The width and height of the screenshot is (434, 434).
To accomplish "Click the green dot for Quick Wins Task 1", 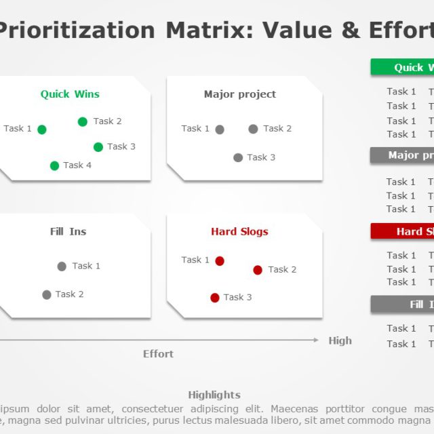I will [x=42, y=130].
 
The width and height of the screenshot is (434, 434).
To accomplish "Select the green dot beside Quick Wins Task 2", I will [x=83, y=122].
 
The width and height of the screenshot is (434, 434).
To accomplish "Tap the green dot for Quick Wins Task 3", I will [x=98, y=147].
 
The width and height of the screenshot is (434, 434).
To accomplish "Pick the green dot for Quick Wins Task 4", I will [x=55, y=165].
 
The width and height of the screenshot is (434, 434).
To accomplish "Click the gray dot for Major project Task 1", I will [x=220, y=130].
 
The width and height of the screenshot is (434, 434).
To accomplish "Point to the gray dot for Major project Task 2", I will [x=253, y=129].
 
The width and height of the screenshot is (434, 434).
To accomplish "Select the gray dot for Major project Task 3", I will [x=238, y=158].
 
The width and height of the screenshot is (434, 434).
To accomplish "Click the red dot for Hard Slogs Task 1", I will [x=220, y=261].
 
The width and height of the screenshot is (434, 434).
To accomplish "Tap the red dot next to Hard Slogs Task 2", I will [x=258, y=270].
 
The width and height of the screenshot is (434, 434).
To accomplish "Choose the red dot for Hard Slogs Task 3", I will [x=215, y=298].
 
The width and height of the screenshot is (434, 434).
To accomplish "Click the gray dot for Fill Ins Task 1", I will [x=62, y=267].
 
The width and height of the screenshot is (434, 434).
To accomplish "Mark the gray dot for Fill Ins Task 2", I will [x=47, y=295].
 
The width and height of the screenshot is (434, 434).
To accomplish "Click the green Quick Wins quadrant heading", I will [x=70, y=94].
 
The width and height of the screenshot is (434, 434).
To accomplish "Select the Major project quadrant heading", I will [x=240, y=94].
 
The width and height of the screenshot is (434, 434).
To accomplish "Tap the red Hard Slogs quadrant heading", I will [x=239, y=232].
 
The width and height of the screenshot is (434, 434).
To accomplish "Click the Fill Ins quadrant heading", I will [x=68, y=232].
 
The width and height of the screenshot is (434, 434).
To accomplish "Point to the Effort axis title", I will [x=158, y=354].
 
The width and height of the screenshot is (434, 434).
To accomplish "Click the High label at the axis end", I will [x=340, y=341].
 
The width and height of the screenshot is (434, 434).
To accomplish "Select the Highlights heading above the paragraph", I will [x=214, y=395].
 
